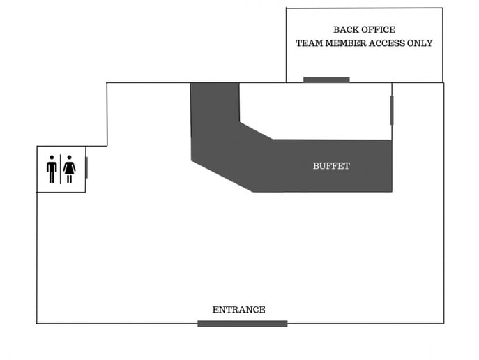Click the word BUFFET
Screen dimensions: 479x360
331,166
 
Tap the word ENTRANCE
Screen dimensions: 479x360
239,310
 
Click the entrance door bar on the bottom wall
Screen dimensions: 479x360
242,323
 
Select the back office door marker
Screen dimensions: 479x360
326,80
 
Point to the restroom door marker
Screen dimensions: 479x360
86,167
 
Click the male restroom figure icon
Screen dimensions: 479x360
52,170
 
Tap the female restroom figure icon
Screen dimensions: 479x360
69,170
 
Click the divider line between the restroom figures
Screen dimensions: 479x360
61,170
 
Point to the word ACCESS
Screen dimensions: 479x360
386,43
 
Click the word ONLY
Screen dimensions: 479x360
420,43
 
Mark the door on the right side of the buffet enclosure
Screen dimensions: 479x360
392,110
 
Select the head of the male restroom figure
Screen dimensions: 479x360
52,158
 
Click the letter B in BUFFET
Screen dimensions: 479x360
316,166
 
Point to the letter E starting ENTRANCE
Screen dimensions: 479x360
215,310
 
